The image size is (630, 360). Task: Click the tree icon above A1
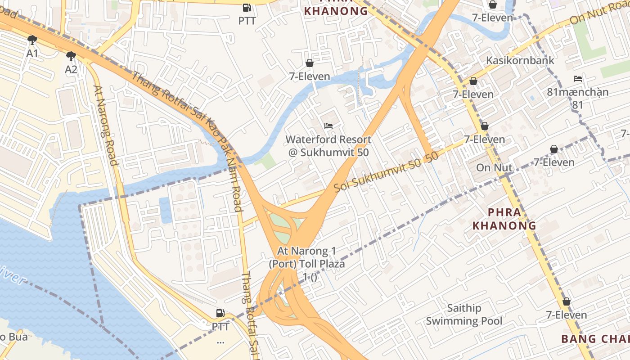(32, 40)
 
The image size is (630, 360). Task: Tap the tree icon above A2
(71, 56)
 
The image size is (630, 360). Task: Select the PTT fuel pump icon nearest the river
(220, 313)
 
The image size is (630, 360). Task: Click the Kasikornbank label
(520, 60)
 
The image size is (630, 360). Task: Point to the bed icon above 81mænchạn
(578, 79)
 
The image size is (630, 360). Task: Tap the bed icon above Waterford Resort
(328, 126)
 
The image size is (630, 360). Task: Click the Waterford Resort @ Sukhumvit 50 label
(328, 146)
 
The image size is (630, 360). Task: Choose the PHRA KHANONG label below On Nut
(504, 219)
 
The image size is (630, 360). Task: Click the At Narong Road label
(106, 126)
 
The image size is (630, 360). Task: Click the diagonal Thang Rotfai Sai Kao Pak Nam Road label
(187, 119)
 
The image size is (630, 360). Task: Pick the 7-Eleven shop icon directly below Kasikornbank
(473, 81)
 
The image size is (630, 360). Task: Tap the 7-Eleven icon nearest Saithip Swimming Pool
(566, 301)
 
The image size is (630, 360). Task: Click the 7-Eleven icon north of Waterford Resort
(309, 63)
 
